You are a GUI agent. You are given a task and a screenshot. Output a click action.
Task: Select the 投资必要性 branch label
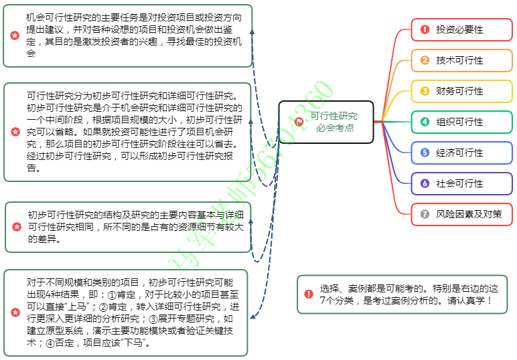pos(459,29)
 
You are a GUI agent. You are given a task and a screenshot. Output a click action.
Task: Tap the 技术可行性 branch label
pos(459,60)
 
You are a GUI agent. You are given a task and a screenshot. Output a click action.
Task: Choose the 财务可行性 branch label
pos(459,91)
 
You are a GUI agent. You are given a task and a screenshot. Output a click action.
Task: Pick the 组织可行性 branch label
pos(459,122)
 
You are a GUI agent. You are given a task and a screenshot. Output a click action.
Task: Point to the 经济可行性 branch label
pos(459,153)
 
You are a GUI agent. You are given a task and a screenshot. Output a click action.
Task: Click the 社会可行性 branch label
pos(459,183)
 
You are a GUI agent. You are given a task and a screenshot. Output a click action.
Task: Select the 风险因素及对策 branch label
pos(464,214)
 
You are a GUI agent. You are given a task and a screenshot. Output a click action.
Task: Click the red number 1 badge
pos(425,29)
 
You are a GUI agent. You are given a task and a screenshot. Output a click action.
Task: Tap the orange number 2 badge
pos(425,60)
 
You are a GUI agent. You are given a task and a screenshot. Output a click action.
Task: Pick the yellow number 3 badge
pos(425,91)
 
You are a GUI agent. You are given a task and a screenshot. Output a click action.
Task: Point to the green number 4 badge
pos(425,122)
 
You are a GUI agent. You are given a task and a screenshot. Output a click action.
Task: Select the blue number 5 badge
pos(425,153)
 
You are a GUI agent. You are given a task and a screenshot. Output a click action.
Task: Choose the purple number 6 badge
pos(425,183)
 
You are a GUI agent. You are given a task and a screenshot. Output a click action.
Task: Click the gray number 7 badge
pos(425,214)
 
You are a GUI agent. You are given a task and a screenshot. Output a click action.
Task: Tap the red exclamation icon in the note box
pos(308,294)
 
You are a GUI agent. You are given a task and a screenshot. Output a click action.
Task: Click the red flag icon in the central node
pos(299,122)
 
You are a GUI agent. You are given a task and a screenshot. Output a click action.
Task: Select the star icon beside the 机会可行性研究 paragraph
pos(15,35)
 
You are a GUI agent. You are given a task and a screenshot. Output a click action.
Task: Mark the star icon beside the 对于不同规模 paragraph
pos(15,312)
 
